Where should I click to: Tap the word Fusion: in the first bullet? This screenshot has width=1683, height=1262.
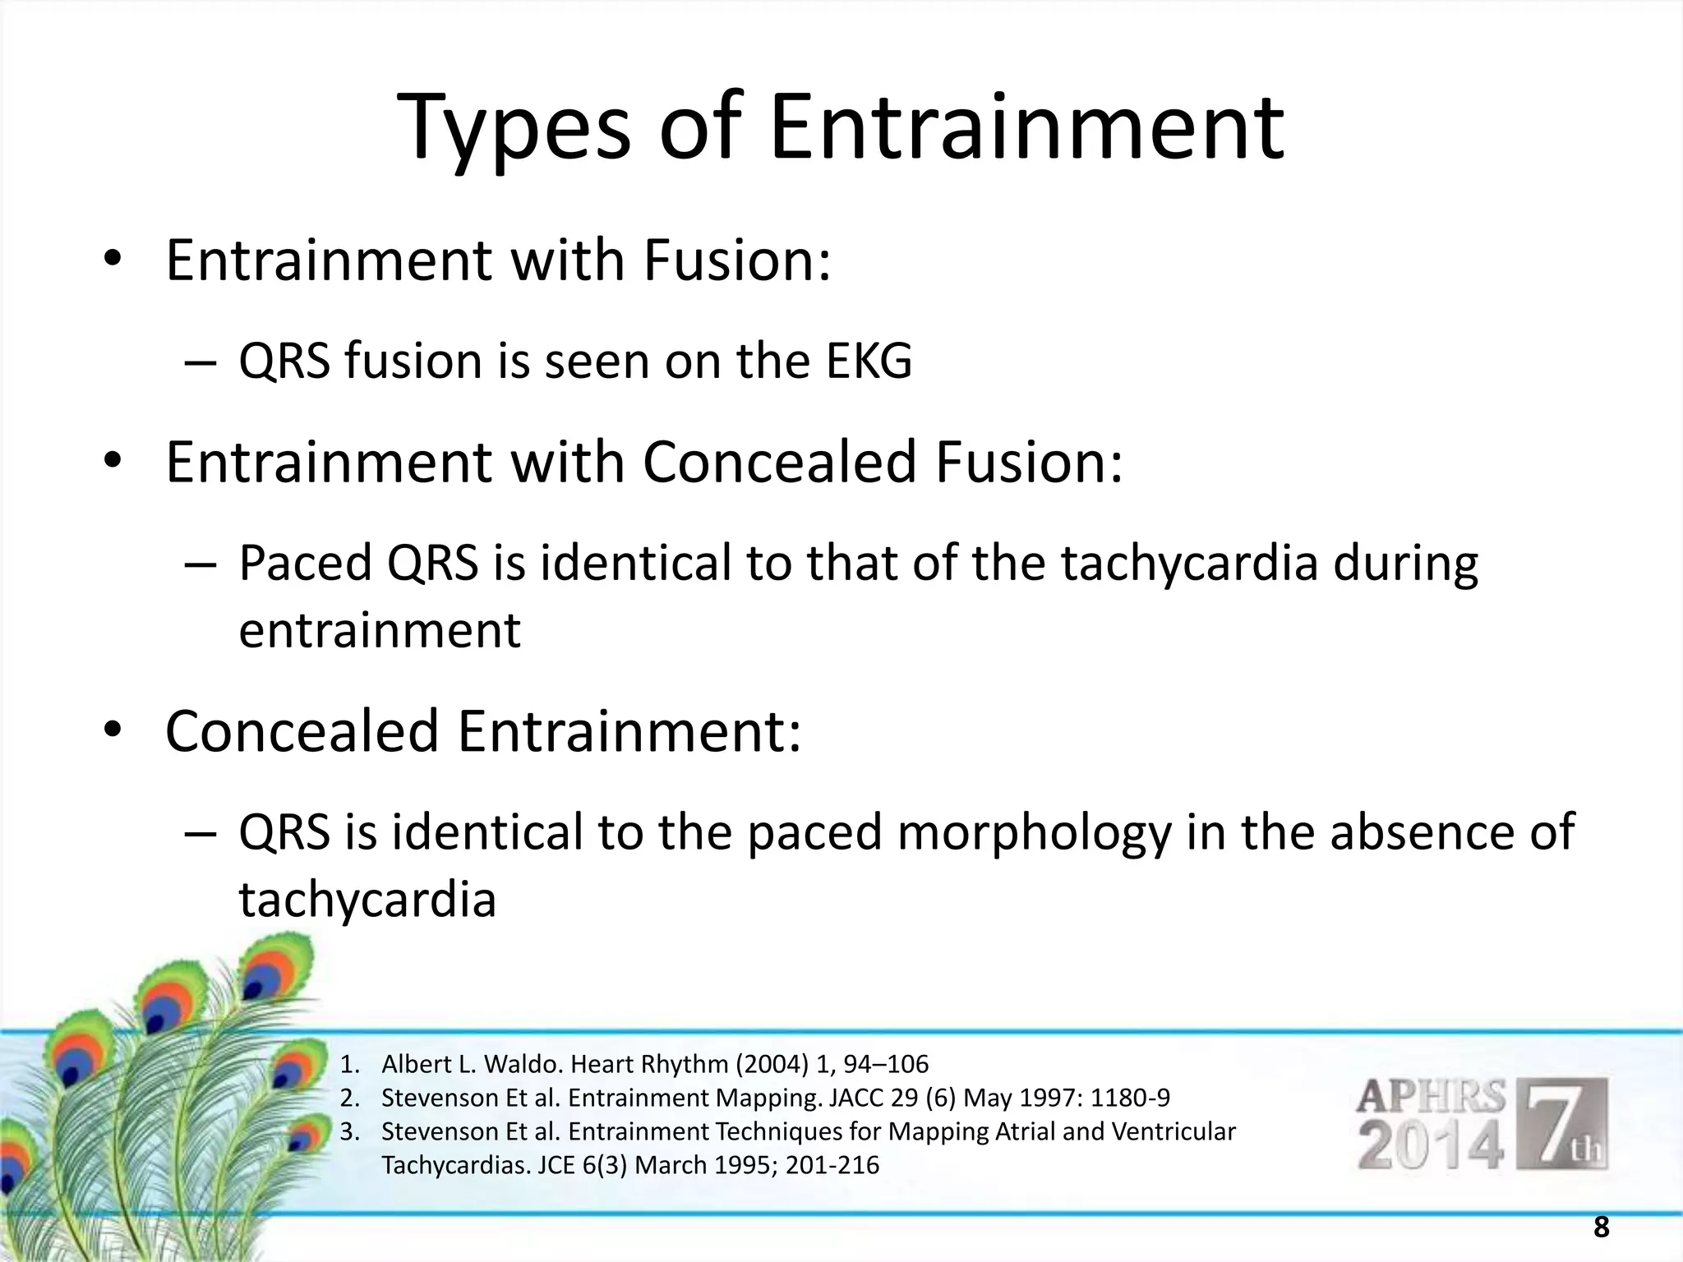736,260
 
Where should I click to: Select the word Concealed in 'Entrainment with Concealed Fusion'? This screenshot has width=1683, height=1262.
778,462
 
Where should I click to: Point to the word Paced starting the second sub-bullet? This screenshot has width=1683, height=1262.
305,564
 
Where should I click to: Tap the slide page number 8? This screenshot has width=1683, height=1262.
1601,1228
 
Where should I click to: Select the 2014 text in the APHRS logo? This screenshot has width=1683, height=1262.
1430,1147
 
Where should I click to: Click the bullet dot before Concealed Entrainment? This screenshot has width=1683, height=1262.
113,731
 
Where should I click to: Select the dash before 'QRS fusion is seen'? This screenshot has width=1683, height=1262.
201,362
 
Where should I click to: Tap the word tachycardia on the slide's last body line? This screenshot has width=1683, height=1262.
367,900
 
